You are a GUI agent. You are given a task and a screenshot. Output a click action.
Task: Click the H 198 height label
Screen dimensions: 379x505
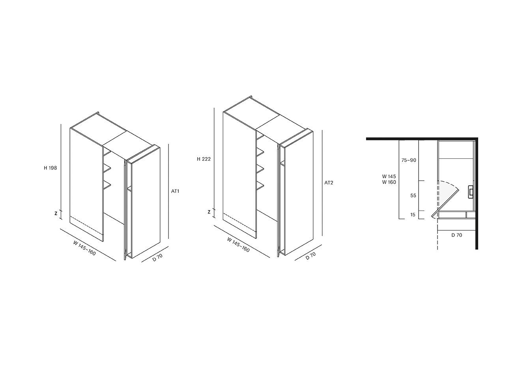click(50, 168)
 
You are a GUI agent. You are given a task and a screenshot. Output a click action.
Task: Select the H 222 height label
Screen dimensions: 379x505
click(204, 159)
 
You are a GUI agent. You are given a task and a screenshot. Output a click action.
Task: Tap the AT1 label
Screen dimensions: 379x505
click(175, 191)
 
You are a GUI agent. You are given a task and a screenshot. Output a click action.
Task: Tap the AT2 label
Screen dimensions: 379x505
click(329, 183)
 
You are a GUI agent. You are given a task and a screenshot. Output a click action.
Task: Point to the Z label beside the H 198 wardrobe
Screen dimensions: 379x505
click(56, 214)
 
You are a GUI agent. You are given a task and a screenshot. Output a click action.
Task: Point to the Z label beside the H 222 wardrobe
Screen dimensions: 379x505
click(209, 212)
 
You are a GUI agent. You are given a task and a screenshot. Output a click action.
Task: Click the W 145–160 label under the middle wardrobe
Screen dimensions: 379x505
click(238, 245)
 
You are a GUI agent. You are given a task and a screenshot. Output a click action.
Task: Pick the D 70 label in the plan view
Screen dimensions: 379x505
click(456, 235)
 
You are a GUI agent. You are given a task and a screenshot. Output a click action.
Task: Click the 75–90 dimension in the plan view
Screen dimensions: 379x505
click(409, 160)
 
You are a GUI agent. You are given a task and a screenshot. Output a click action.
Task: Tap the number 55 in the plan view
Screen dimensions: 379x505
click(413, 195)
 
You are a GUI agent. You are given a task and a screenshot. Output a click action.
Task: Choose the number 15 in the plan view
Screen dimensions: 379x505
click(413, 215)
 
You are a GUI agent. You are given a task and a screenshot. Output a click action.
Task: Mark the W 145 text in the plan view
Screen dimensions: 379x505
click(389, 176)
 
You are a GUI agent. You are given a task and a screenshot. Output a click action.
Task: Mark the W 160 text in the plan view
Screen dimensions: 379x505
click(389, 182)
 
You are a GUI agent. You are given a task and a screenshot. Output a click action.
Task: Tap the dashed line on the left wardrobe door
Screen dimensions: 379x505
click(86, 223)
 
